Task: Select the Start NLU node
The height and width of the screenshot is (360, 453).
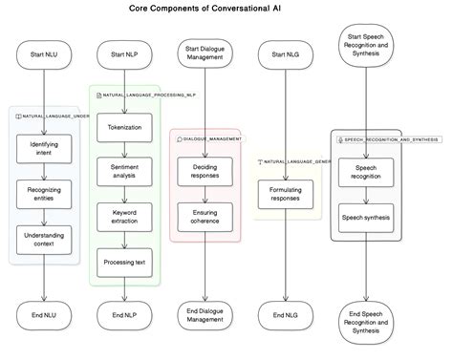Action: tap(44, 55)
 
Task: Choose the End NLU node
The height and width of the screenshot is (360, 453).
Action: tap(44, 312)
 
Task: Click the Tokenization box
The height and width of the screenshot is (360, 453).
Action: tap(124, 127)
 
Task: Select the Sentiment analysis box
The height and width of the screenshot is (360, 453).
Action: tap(124, 172)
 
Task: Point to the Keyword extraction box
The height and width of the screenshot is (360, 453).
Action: tap(124, 217)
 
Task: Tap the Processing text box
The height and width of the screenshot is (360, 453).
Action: tap(124, 262)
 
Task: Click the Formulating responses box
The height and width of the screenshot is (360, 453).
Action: tap(286, 193)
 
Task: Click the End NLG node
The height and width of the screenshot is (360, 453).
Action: tap(286, 312)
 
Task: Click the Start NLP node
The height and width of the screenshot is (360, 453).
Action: tap(124, 55)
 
